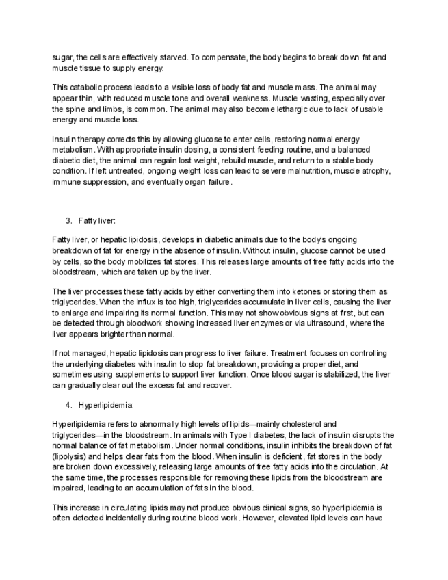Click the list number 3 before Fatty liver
(x=68, y=221)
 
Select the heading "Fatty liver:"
(x=97, y=221)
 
